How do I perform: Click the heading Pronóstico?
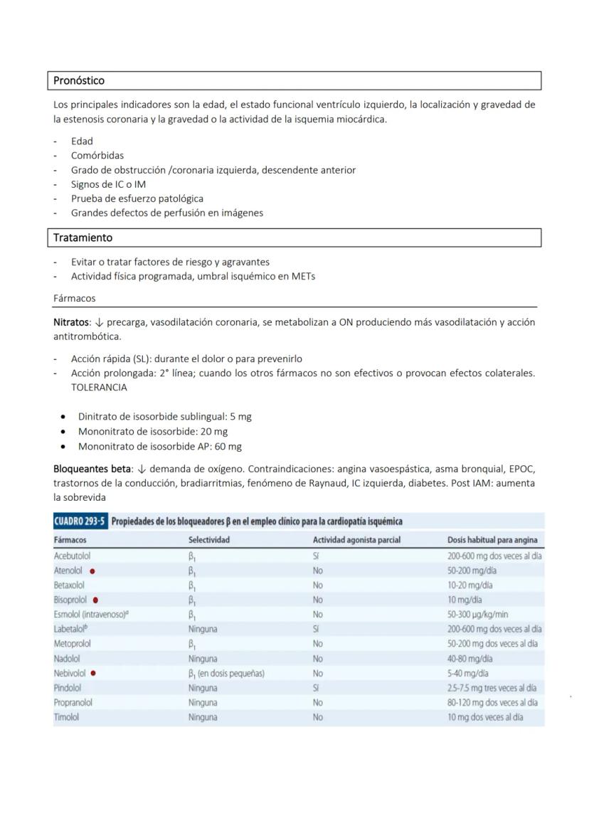(x=79, y=81)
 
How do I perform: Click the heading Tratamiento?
(x=83, y=238)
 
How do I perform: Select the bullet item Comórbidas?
(x=97, y=155)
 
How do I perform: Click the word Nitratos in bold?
(x=71, y=322)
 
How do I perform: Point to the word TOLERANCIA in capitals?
(x=99, y=388)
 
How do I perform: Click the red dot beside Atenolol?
(x=92, y=571)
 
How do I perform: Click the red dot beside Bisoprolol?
(x=96, y=600)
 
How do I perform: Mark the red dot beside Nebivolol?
(x=93, y=673)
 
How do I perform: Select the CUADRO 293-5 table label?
(x=80, y=522)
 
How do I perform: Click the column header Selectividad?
(x=208, y=540)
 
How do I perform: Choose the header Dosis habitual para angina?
(x=492, y=540)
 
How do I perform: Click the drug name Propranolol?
(x=73, y=702)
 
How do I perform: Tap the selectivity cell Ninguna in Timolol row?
(x=203, y=717)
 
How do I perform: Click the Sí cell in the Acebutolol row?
(x=317, y=556)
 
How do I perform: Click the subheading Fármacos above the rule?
(x=74, y=298)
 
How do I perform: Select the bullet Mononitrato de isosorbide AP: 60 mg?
(x=159, y=447)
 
